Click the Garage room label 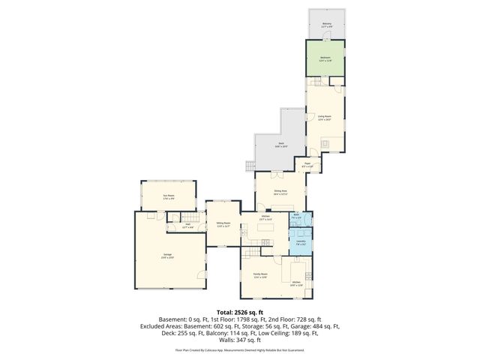pyautogui.click(x=166, y=255)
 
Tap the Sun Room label pyautogui.click(x=169, y=197)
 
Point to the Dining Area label pyautogui.click(x=280, y=192)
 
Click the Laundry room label pyautogui.click(x=300, y=242)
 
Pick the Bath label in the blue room pyautogui.click(x=295, y=216)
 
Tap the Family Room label pyautogui.click(x=260, y=274)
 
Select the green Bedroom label pyautogui.click(x=325, y=58)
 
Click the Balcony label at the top pyautogui.click(x=327, y=25)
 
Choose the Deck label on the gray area pyautogui.click(x=281, y=145)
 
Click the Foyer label pyautogui.click(x=307, y=163)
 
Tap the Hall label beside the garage pyautogui.click(x=188, y=225)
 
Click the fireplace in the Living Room pyautogui.click(x=325, y=143)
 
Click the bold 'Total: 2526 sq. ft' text pyautogui.click(x=240, y=312)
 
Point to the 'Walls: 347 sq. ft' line pyautogui.click(x=240, y=340)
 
